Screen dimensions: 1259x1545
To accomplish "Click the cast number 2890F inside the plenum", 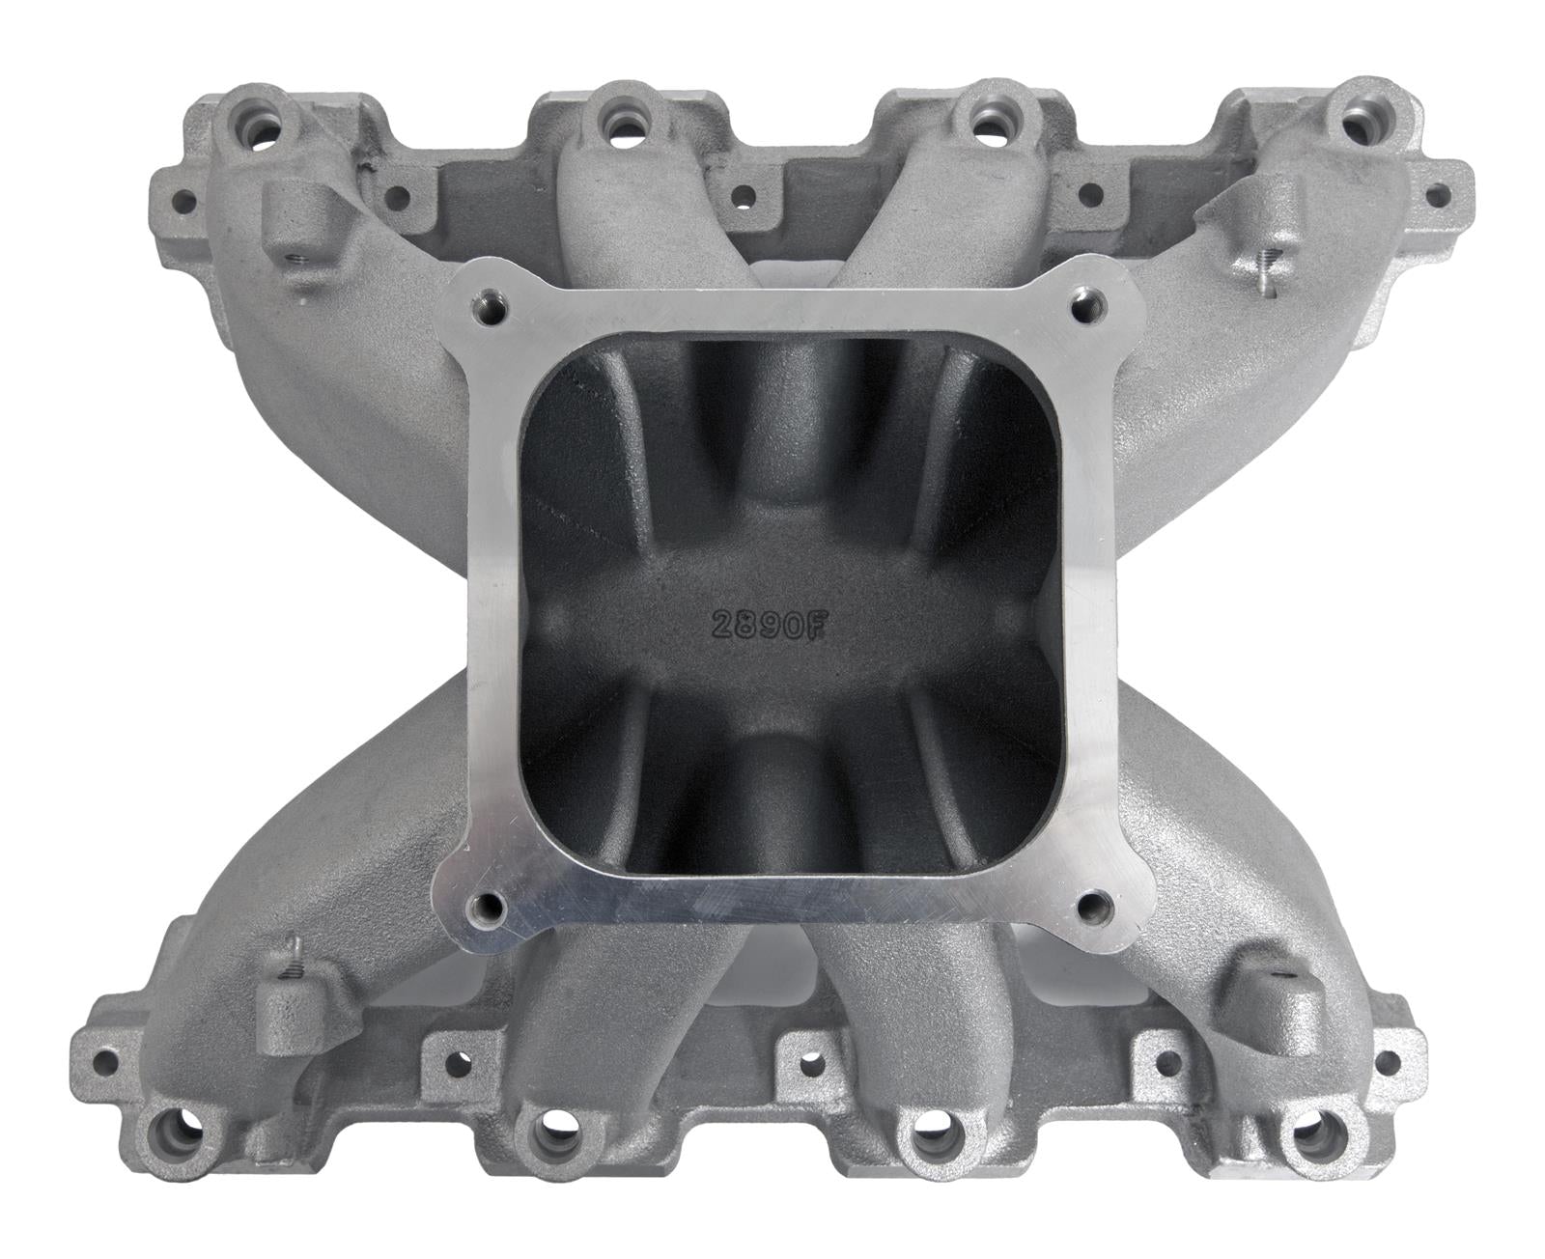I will (x=769, y=625).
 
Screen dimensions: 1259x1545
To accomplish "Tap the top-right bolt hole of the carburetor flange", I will (x=1084, y=306).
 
